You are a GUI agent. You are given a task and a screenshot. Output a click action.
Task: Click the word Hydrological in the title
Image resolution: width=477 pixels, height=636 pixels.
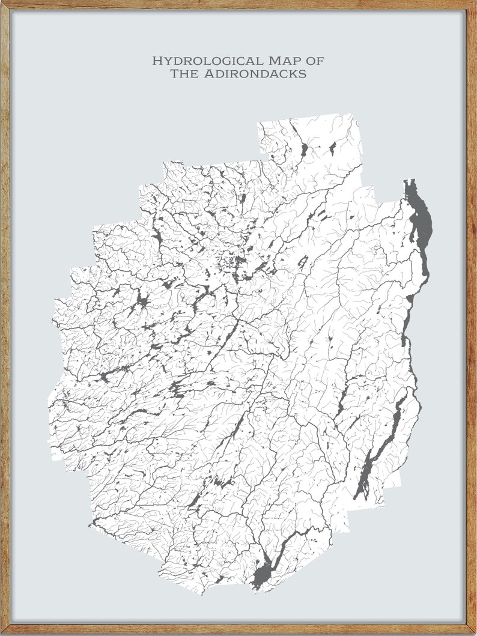click(207, 61)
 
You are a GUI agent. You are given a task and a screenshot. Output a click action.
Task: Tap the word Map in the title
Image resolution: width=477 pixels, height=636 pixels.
click(285, 61)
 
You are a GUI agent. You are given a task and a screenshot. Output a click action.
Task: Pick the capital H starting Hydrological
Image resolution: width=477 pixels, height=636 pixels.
click(157, 61)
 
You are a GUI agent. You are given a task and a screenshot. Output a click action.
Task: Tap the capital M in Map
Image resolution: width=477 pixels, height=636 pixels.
click(273, 61)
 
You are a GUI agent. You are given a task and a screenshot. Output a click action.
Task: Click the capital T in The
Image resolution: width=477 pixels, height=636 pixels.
click(175, 74)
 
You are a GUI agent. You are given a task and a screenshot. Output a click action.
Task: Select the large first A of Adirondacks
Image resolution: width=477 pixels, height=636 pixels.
click(211, 74)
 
